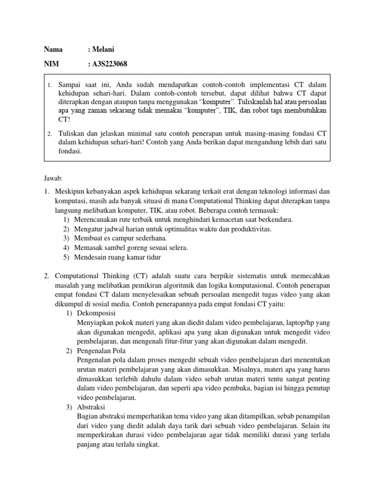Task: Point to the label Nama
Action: tap(53, 49)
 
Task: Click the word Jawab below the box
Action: tap(53, 178)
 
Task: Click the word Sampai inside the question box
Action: tap(70, 85)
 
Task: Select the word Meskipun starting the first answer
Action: tap(70, 192)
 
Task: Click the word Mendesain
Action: tap(91, 257)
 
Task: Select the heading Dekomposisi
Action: tap(97, 313)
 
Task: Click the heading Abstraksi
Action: tap(91, 407)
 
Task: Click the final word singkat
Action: tap(147, 444)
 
